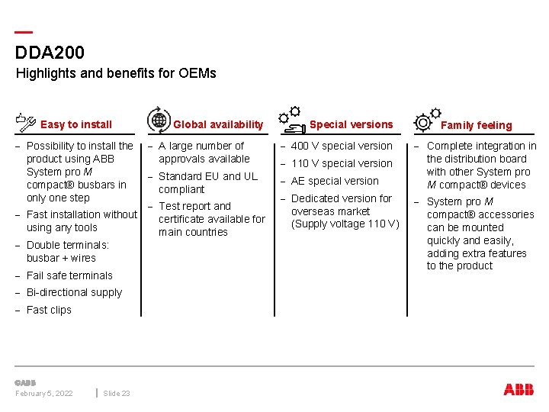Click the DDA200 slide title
50,53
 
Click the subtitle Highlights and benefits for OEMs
116,73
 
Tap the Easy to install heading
76,124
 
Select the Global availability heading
218,124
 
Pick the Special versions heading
352,124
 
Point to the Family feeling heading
477,125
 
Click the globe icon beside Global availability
159,120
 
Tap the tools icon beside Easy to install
26,121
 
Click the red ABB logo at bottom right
518,390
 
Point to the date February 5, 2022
44,394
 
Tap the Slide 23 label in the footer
117,394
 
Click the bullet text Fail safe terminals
69,275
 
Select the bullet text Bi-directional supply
74,292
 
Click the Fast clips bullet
49,310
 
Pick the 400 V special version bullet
342,146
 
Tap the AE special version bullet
335,181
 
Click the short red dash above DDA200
24,33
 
